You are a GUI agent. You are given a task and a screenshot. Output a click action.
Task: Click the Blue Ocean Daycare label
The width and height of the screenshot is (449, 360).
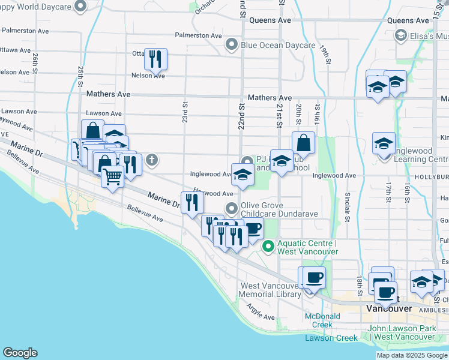pos(277,45)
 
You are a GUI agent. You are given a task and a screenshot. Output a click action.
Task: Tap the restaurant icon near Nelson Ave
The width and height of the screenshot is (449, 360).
pos(155,58)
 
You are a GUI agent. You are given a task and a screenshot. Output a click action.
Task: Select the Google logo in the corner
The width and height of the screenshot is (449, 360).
pos(20,353)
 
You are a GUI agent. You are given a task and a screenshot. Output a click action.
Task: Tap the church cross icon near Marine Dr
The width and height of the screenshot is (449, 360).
pos(152,160)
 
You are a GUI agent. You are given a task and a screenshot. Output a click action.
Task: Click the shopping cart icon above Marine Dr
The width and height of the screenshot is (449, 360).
pos(112,177)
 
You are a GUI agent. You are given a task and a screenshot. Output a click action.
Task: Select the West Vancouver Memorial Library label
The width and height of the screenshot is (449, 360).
pos(270,290)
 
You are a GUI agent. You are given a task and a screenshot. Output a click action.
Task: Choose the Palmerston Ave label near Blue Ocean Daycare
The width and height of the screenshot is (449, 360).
pos(198,35)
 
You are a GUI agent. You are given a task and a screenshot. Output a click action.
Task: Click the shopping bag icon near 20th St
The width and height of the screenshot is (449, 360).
pos(304,143)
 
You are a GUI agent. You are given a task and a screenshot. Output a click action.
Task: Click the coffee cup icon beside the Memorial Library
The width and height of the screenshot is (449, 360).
pos(312,278)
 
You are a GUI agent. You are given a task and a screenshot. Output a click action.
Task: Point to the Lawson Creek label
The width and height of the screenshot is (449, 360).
pos(331,338)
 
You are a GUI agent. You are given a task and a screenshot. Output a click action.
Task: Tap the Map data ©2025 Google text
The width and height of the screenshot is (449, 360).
pos(412,355)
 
